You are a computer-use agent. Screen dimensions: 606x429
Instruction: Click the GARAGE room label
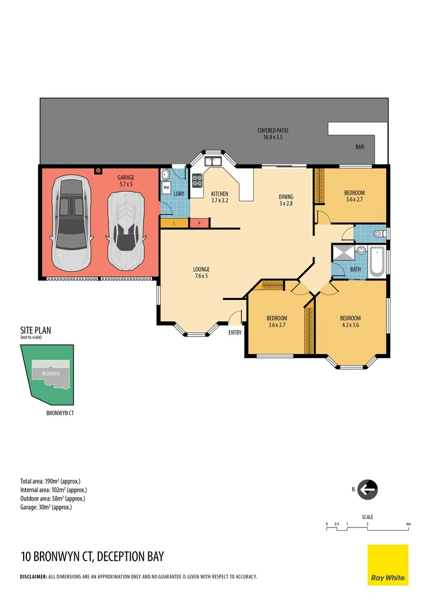(126, 177)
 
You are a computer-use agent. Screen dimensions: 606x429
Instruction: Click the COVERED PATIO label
(273, 131)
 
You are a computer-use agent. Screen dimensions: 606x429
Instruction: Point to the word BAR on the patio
(360, 147)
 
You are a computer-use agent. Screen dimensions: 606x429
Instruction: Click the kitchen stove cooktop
(198, 181)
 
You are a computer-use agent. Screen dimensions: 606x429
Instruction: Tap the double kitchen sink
(213, 162)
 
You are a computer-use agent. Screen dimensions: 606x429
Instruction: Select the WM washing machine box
(167, 188)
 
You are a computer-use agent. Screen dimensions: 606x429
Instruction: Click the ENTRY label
(235, 333)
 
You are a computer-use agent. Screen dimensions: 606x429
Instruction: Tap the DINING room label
(286, 197)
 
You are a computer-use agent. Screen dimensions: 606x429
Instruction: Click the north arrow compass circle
(368, 489)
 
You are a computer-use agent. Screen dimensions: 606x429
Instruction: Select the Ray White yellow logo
(387, 565)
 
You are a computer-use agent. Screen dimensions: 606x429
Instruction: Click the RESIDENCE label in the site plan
(51, 373)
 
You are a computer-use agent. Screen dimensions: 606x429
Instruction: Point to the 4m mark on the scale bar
(408, 524)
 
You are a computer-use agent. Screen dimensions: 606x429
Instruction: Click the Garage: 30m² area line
(45, 507)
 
